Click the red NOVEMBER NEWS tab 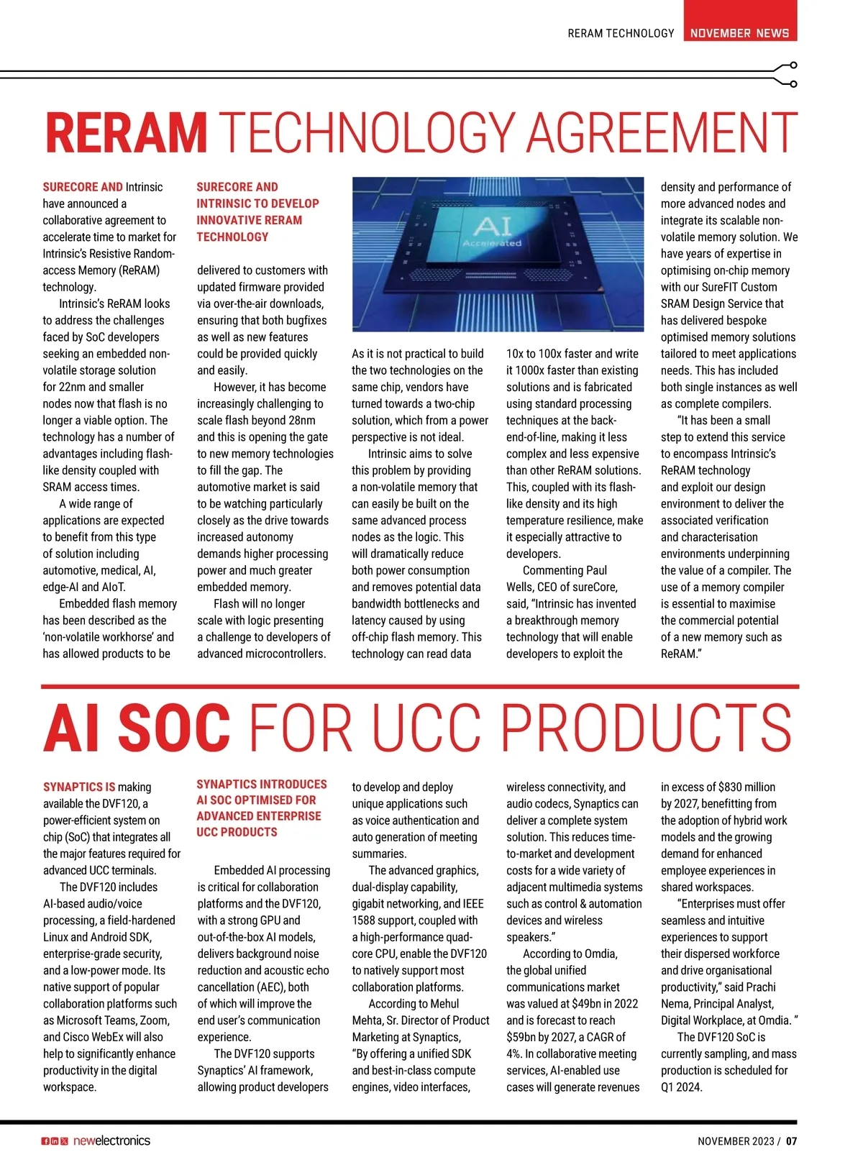[x=739, y=32]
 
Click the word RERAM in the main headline [x=126, y=132]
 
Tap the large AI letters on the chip [x=493, y=226]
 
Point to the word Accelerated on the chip [x=492, y=243]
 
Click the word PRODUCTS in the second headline [x=646, y=728]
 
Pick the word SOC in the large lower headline [x=175, y=728]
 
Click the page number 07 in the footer [x=791, y=1141]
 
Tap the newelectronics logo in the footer [x=111, y=1140]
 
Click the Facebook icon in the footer [x=45, y=1141]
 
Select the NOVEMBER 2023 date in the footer [x=736, y=1141]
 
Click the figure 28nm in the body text [x=301, y=421]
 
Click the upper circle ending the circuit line [x=793, y=65]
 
